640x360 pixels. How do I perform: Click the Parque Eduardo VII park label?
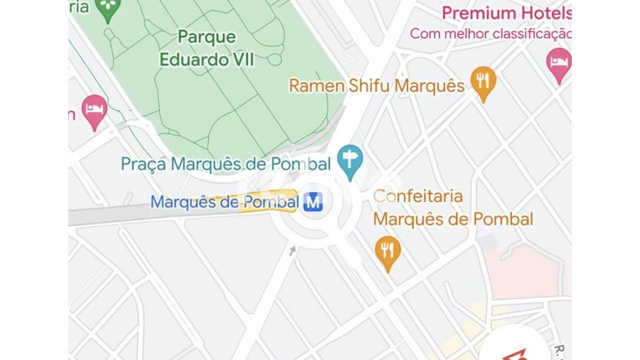click(206, 47)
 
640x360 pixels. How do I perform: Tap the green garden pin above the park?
click(108, 9)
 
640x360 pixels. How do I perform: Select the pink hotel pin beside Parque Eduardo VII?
click(95, 112)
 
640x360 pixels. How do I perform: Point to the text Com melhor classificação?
click(490, 33)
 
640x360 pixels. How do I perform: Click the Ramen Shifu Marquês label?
click(376, 86)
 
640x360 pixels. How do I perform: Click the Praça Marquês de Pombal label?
click(225, 164)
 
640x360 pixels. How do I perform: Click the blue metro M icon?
click(313, 202)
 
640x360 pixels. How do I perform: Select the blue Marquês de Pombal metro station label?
click(224, 202)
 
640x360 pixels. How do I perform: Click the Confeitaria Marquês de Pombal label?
click(453, 207)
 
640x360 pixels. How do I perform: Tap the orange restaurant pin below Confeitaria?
click(388, 251)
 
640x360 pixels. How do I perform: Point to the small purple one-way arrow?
click(292, 250)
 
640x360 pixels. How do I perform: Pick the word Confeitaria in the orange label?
click(418, 196)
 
